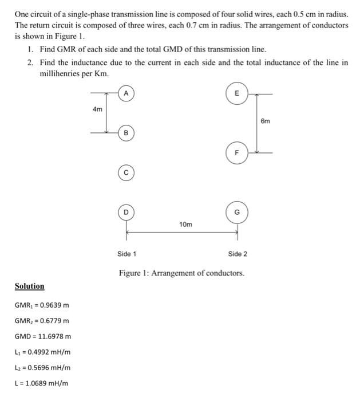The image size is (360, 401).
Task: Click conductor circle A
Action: tap(126, 93)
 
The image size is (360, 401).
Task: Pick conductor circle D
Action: tap(126, 213)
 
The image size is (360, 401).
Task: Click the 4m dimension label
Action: tap(97, 109)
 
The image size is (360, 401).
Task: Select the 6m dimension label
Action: tap(265, 121)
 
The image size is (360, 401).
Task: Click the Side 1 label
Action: tap(126, 254)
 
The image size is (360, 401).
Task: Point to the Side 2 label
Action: tap(238, 254)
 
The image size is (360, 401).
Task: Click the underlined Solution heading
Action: tap(29, 286)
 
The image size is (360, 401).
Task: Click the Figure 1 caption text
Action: tap(181, 273)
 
